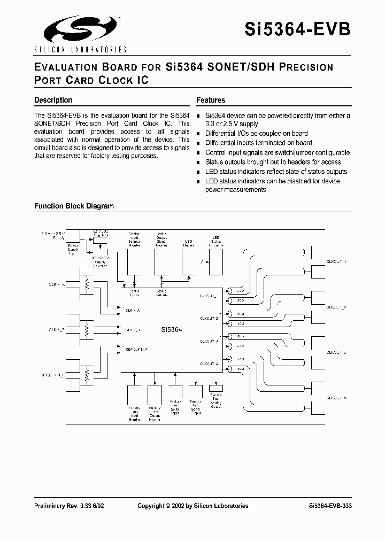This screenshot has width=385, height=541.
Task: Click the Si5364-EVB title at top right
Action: pyautogui.click(x=312, y=28)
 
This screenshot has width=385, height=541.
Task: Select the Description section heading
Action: pyautogui.click(x=53, y=100)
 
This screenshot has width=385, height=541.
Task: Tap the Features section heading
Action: pyautogui.click(x=211, y=100)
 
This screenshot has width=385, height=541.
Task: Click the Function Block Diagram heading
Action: pyautogui.click(x=74, y=206)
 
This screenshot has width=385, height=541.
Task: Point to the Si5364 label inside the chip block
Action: pyautogui.click(x=172, y=330)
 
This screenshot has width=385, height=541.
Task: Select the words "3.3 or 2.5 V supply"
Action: pyautogui.click(x=235, y=124)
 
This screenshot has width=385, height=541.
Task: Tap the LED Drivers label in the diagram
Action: pyautogui.click(x=189, y=243)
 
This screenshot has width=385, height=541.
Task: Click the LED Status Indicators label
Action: pyautogui.click(x=216, y=241)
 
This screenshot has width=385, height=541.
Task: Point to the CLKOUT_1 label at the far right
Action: pyautogui.click(x=336, y=262)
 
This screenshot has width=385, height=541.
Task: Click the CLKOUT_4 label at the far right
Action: pyautogui.click(x=336, y=398)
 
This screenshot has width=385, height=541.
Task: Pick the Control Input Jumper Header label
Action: pyautogui.click(x=134, y=240)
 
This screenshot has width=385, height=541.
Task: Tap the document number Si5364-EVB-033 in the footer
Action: pyautogui.click(x=330, y=506)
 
